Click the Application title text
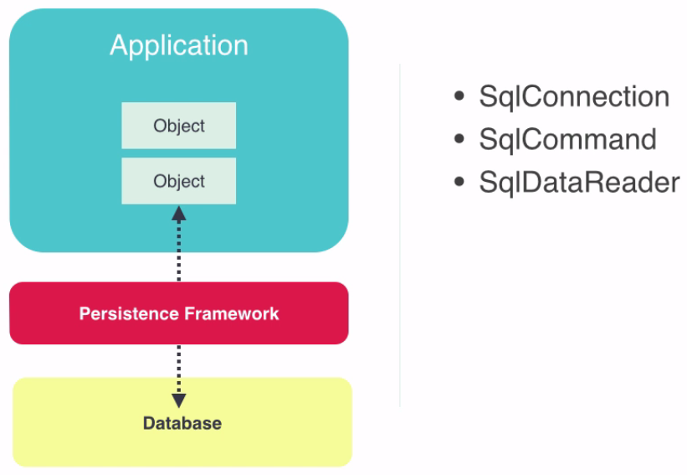click(x=178, y=45)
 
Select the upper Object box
click(x=178, y=126)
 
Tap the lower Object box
click(x=178, y=181)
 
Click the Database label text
click(x=182, y=423)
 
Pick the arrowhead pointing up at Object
click(x=178, y=213)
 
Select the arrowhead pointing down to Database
click(x=178, y=400)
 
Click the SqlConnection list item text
click(x=574, y=97)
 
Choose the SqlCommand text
click(x=567, y=140)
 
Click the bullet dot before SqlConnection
click(x=459, y=96)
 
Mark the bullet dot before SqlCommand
click(x=459, y=139)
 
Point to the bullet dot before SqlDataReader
click(x=459, y=182)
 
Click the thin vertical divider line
click(x=400, y=251)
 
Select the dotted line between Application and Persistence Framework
click(x=178, y=251)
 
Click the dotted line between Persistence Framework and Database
click(x=178, y=364)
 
